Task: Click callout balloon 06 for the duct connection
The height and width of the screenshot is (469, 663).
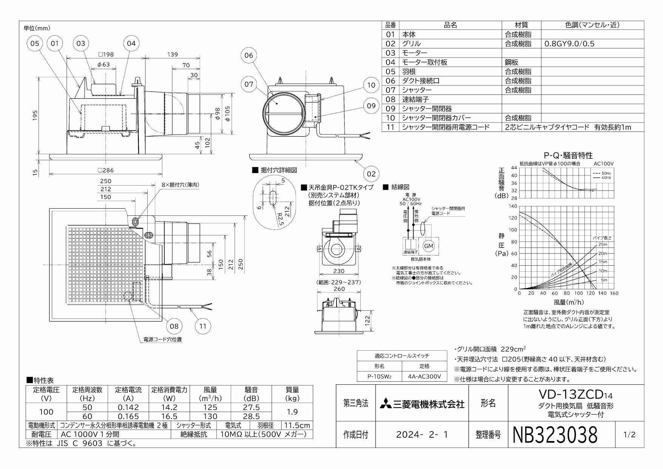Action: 249,56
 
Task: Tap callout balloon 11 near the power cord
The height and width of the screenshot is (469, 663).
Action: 203,326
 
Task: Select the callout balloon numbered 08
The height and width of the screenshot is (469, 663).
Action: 174,326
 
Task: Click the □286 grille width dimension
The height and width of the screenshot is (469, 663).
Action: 106,170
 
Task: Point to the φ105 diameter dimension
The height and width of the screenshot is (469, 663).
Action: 227,113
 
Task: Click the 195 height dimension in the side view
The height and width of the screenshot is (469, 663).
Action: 35,116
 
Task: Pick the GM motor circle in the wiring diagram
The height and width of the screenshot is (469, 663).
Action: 428,246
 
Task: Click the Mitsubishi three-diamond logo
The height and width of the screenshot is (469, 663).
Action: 385,404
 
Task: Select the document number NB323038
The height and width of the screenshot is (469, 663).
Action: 555,435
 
